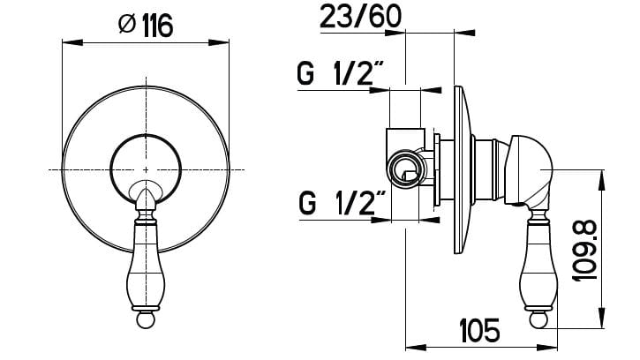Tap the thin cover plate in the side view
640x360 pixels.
(460, 168)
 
